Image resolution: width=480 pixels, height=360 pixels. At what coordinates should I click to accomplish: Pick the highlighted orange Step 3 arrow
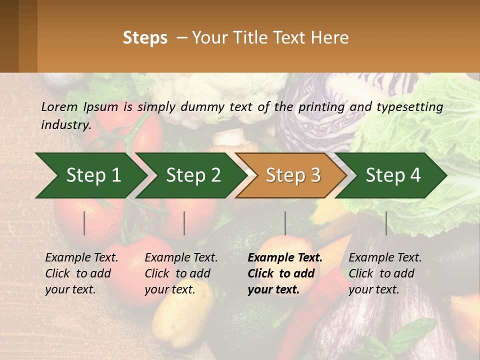292,175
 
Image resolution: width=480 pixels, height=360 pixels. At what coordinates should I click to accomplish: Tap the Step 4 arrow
392,175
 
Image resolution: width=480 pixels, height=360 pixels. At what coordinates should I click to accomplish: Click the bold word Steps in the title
145,38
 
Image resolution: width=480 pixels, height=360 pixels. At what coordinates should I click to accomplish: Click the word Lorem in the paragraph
58,106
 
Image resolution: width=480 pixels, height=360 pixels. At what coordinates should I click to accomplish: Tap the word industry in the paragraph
65,124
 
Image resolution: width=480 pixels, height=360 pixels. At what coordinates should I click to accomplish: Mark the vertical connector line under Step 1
84,223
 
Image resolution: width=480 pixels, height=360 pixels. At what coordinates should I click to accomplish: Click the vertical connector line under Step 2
184,223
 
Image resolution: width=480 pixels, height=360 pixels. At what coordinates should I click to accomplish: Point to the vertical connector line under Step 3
285,223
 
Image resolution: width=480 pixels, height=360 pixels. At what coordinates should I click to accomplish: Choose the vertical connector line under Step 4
386,223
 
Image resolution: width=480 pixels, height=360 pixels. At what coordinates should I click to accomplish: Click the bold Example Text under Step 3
285,258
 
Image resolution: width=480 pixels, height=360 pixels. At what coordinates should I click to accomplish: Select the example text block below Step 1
81,273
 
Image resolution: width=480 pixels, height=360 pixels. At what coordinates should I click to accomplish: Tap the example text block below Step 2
181,273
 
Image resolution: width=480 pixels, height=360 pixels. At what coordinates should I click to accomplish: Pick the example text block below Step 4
385,273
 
